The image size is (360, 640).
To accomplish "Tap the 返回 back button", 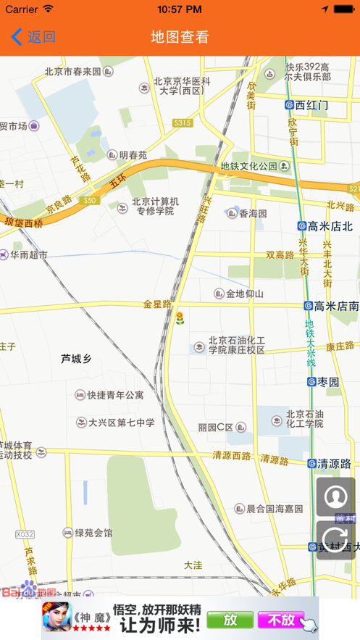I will [33, 37].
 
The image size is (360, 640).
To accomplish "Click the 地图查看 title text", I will [180, 37].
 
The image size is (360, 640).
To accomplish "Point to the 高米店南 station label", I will [332, 306].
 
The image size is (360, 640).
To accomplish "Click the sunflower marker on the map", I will [180, 317].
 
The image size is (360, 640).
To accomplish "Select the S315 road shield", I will [183, 123].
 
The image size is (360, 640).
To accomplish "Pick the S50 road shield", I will [90, 200].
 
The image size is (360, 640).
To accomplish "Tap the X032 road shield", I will [25, 534].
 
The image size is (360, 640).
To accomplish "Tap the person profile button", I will [335, 496].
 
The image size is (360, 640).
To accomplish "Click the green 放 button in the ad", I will [229, 620].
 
